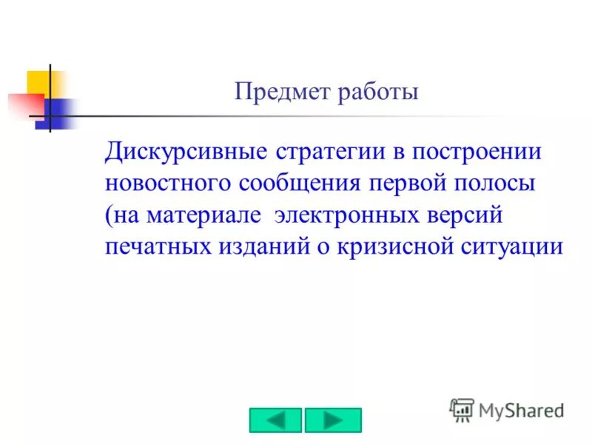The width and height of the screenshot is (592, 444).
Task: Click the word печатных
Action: pos(157,247)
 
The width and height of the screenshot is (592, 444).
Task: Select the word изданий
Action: pos(258,247)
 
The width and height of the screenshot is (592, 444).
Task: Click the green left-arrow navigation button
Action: pos(275,420)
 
